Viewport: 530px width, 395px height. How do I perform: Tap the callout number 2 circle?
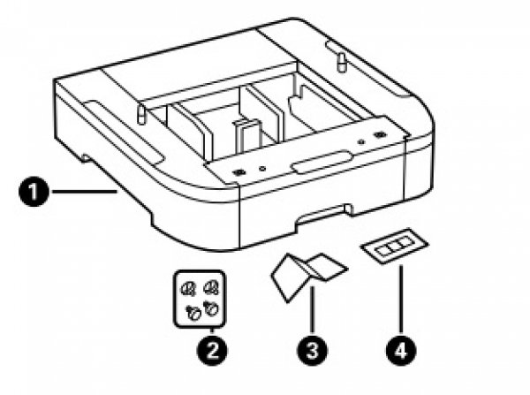(x=213, y=349)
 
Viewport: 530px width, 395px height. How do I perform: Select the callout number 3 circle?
(x=311, y=349)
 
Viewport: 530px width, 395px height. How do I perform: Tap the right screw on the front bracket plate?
(x=379, y=135)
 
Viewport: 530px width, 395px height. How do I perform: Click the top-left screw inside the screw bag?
(x=189, y=287)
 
